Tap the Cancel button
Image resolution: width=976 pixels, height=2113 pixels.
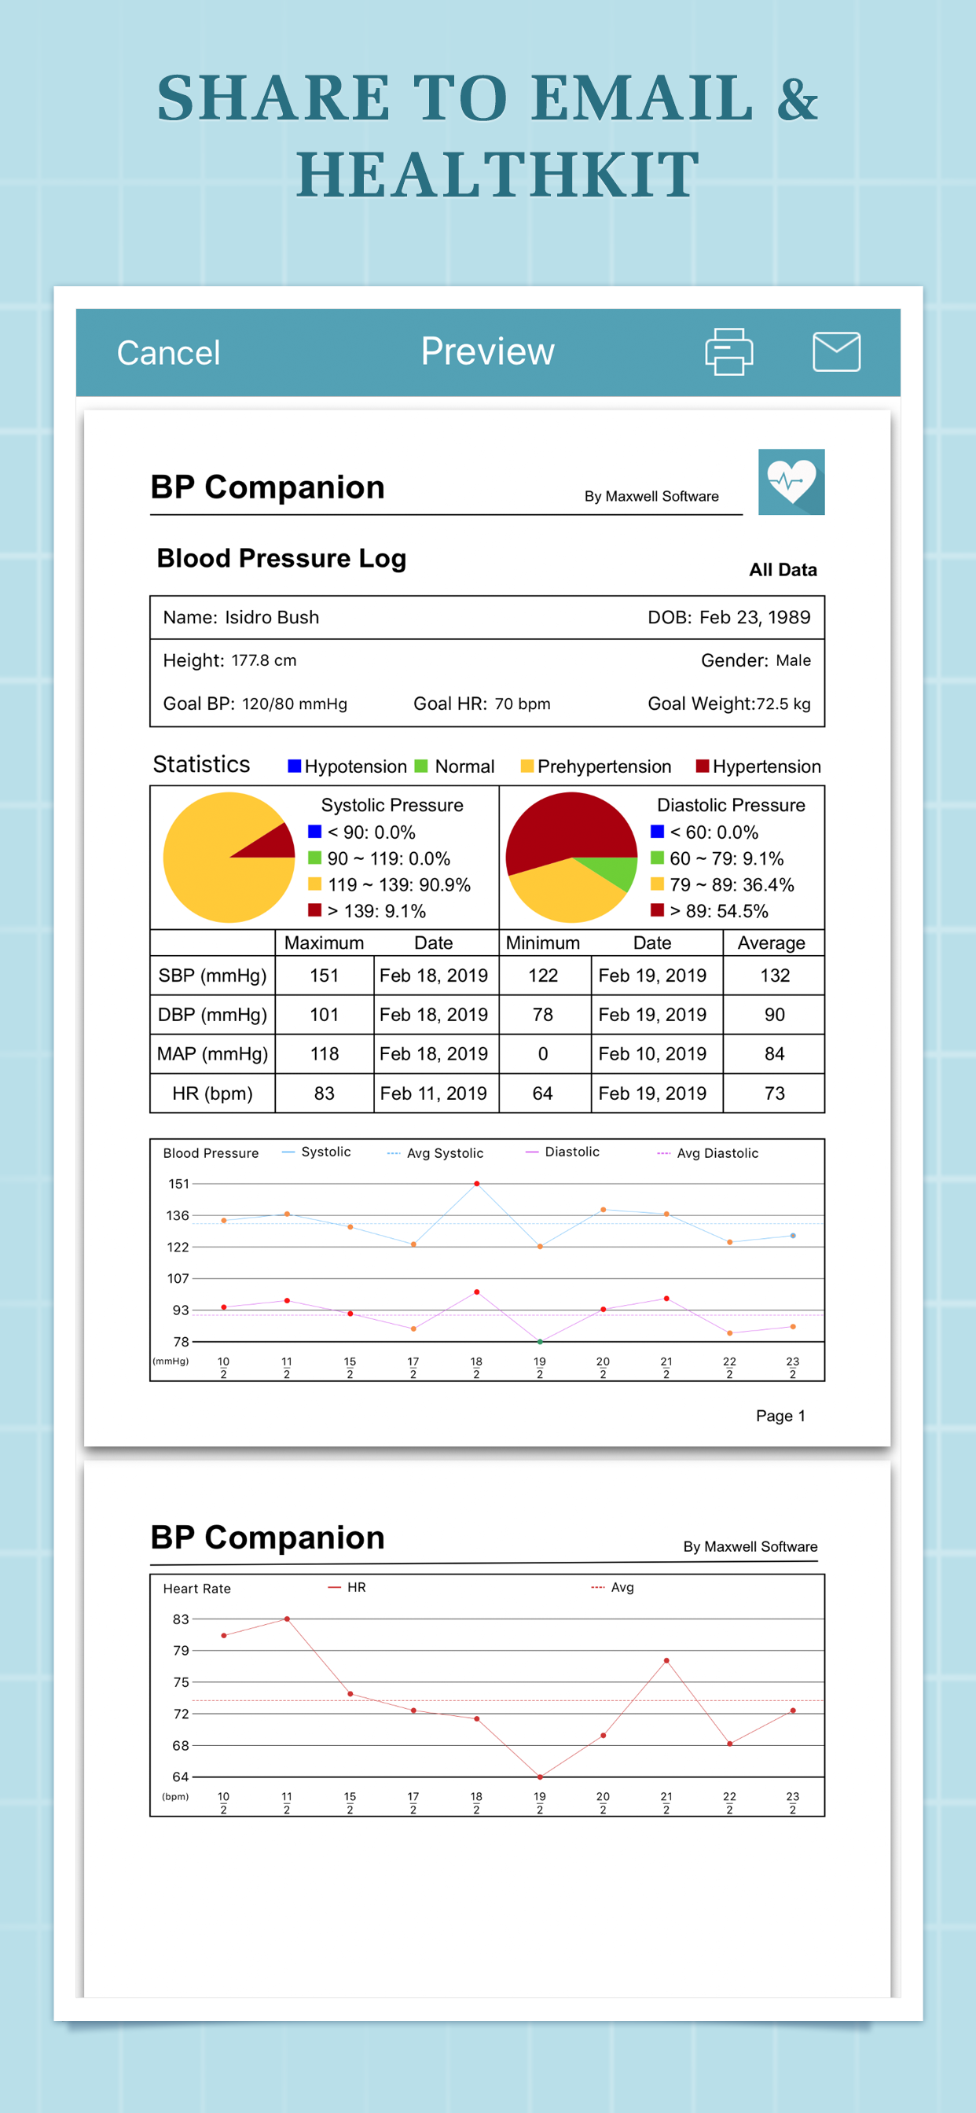click(168, 353)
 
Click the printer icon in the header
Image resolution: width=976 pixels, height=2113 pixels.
click(729, 352)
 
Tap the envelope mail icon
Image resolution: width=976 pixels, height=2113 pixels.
click(837, 352)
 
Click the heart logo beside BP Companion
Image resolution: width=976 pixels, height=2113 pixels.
click(791, 482)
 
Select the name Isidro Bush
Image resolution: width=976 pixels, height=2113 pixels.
click(273, 618)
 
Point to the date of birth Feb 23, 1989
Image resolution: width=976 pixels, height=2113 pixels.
click(754, 618)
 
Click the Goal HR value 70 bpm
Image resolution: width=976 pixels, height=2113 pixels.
click(523, 704)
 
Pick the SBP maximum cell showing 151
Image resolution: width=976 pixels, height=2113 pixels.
click(324, 976)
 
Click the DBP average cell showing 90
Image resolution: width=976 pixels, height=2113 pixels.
click(774, 1015)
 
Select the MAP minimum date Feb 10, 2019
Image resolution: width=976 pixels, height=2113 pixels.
click(653, 1054)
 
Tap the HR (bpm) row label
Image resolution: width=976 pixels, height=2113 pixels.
click(212, 1093)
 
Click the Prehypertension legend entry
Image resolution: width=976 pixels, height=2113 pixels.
click(596, 766)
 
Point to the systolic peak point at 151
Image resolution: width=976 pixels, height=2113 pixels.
click(476, 1184)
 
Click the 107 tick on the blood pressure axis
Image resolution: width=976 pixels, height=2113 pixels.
click(178, 1279)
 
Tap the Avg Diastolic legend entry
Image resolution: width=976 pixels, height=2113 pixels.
click(708, 1153)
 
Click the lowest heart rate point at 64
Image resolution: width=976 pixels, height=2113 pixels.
click(540, 1777)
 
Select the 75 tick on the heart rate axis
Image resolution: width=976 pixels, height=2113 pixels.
click(181, 1682)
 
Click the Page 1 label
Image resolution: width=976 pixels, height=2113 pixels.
click(781, 1416)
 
